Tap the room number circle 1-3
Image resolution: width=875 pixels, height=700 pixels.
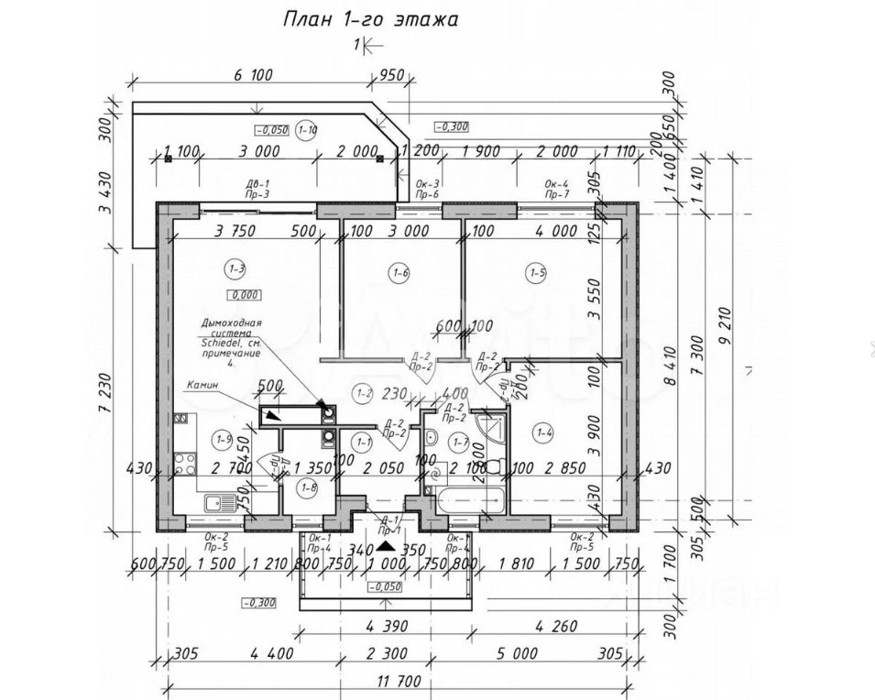tap(235, 268)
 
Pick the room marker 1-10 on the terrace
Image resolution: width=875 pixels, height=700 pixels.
tap(308, 129)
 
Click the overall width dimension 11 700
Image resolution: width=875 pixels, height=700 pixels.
tap(396, 683)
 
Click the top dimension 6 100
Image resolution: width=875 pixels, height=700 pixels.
tap(253, 76)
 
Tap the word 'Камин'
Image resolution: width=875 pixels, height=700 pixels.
tap(202, 386)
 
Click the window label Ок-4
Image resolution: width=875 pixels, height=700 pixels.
tap(557, 183)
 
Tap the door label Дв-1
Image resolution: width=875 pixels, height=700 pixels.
tap(257, 183)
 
